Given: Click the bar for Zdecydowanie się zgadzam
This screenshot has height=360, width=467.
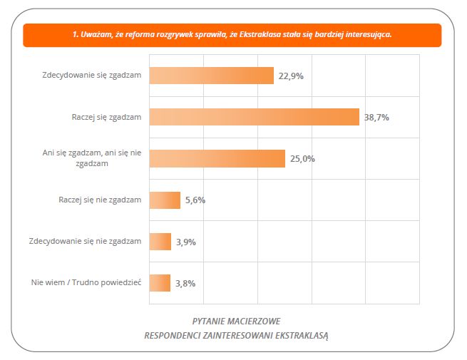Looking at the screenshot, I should [x=211, y=76].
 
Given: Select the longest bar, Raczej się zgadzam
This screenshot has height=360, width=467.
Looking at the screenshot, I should [x=254, y=117].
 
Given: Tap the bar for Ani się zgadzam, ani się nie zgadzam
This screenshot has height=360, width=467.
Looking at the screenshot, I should [x=217, y=158].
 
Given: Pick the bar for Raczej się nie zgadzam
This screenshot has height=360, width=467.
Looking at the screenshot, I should [x=165, y=200].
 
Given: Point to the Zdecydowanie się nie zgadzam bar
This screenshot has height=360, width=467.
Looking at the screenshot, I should [x=160, y=242].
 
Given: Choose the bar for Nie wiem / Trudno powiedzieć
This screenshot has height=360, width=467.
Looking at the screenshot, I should [x=160, y=283].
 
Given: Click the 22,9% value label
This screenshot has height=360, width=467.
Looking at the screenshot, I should [x=291, y=76].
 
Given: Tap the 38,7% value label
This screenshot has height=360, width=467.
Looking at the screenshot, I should [x=376, y=117].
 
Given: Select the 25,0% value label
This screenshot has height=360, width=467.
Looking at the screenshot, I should [x=302, y=159].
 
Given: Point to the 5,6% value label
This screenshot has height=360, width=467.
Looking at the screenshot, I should [x=195, y=200].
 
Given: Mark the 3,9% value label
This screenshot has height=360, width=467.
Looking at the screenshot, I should [x=185, y=242].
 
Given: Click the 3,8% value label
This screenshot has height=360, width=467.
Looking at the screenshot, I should [x=185, y=283].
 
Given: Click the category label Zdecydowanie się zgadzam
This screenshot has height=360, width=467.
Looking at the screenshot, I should [x=91, y=76].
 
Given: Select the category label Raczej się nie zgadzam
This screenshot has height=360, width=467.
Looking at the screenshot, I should [x=100, y=200].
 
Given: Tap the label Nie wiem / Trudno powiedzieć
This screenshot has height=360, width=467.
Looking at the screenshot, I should [x=86, y=283].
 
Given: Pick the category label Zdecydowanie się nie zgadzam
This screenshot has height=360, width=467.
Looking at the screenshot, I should [x=85, y=242].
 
